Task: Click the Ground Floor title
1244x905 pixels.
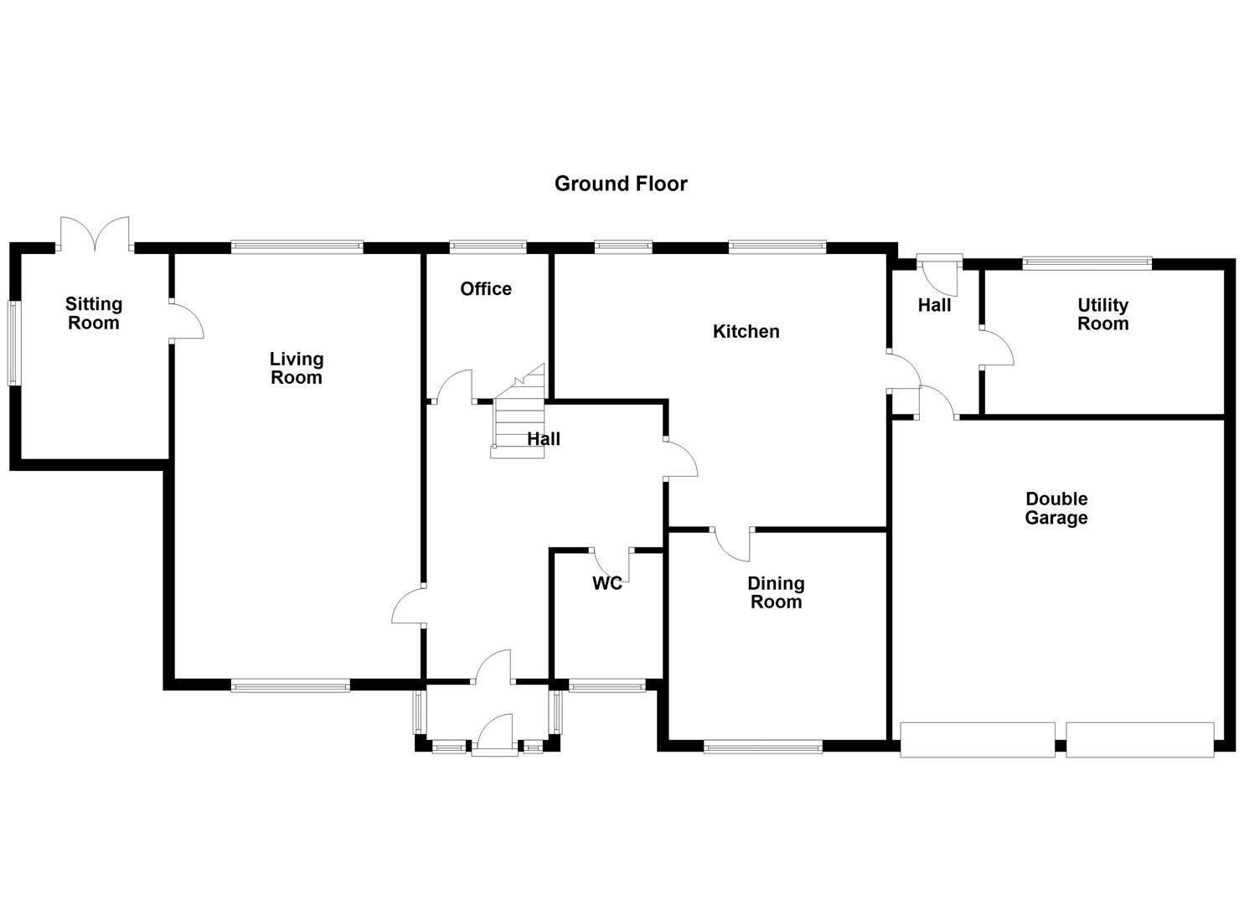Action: [621, 184]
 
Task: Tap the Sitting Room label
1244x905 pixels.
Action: [94, 313]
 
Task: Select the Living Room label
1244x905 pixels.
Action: [296, 368]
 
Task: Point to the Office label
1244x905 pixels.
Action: [486, 289]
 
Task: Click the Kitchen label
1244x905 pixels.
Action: [746, 332]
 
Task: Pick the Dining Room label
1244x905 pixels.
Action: [776, 592]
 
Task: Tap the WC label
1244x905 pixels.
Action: [607, 583]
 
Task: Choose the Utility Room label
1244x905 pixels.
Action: [1102, 314]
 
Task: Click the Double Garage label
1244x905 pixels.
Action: [1056, 508]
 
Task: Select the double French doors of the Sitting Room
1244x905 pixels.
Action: [95, 234]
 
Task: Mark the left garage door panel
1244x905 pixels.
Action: [977, 739]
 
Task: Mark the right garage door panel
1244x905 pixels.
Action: [1139, 739]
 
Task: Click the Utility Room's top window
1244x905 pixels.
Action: [1087, 263]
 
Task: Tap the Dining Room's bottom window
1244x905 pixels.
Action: [762, 746]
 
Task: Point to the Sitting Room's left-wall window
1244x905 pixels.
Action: [13, 344]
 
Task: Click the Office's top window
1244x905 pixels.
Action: [488, 246]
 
